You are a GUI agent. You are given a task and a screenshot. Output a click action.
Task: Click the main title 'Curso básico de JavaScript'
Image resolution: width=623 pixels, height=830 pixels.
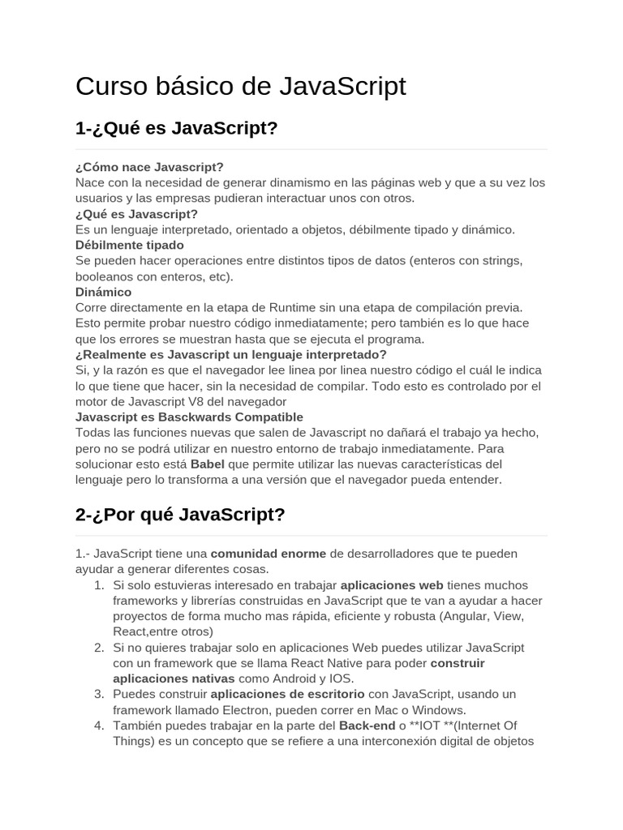click(240, 86)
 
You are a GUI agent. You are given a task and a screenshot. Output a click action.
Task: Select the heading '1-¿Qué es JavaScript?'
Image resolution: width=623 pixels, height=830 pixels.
click(176, 128)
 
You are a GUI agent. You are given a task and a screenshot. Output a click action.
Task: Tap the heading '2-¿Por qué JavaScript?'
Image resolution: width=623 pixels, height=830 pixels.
click(180, 514)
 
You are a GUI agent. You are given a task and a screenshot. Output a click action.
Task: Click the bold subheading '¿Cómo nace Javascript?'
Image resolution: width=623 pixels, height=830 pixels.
click(149, 167)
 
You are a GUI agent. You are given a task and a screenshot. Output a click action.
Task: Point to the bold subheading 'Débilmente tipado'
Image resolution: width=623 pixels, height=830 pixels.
click(130, 245)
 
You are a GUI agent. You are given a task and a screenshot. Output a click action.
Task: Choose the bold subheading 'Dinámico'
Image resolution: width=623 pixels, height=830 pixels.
click(103, 292)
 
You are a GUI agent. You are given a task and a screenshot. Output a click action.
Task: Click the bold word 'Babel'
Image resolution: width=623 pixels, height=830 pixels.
click(207, 464)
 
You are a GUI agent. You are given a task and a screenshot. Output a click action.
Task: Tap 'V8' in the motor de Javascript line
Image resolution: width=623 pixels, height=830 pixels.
click(206, 401)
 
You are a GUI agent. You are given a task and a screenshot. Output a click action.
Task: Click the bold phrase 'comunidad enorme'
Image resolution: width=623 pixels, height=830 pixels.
click(269, 554)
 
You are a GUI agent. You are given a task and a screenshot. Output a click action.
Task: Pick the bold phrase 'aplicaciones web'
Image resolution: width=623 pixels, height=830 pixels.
click(392, 585)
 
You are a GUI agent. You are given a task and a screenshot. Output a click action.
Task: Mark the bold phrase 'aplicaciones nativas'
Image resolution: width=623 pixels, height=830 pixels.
click(174, 678)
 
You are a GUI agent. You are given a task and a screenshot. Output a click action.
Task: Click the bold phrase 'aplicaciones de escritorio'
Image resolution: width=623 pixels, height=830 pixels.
click(287, 695)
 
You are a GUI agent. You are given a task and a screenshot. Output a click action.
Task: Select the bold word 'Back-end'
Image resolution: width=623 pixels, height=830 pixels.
click(367, 725)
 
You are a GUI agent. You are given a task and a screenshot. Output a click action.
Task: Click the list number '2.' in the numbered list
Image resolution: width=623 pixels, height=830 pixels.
click(99, 648)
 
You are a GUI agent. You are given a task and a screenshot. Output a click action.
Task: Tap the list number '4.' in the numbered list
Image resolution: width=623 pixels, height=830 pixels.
click(99, 725)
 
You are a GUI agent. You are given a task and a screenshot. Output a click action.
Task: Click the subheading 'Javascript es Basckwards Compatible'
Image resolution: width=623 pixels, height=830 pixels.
click(189, 417)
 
